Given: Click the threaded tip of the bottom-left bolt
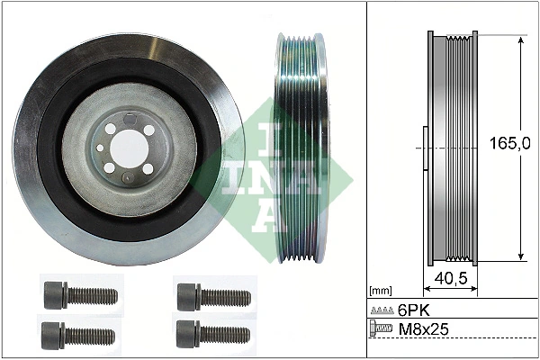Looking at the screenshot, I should click(x=112, y=335).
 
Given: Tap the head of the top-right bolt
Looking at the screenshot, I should click(x=187, y=293).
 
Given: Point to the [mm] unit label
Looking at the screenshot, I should click(x=382, y=291).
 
